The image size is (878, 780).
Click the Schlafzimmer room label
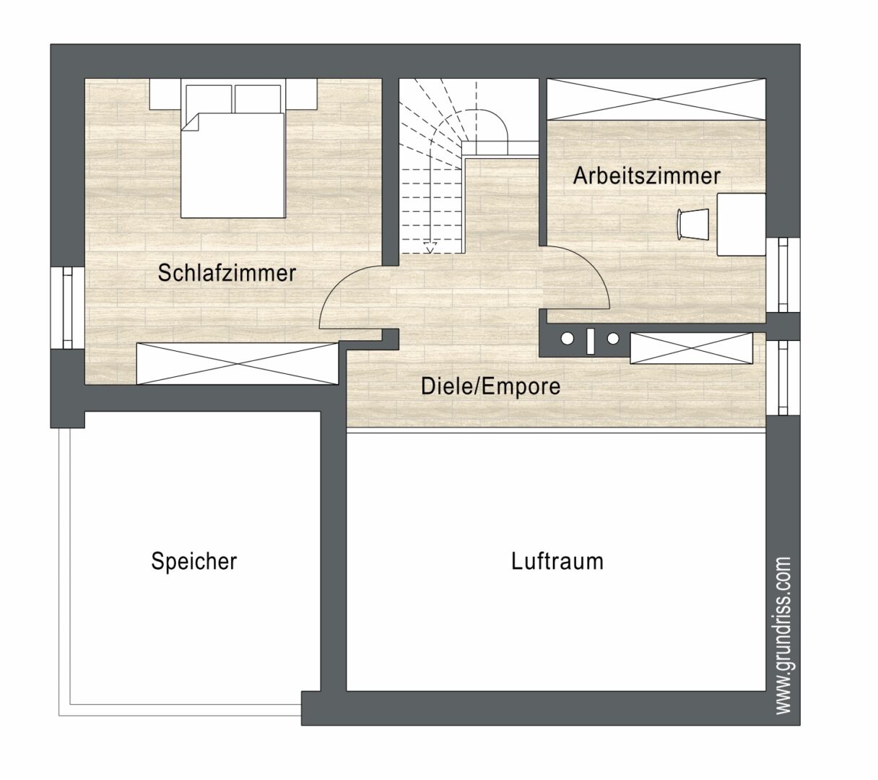227,273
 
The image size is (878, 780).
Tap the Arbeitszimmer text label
646,175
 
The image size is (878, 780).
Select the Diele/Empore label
490,386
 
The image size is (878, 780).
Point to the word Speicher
194,561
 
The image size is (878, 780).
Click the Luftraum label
557,561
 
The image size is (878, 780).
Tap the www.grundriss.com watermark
784,635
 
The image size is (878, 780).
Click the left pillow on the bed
209,97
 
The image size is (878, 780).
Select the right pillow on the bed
257,97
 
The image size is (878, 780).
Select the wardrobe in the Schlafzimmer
238,363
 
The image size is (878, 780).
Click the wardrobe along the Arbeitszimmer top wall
655,99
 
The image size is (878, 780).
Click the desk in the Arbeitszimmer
741,224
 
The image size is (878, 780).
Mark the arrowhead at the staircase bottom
430,249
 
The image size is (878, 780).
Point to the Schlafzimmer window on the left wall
67,308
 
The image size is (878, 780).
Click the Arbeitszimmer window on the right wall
783,274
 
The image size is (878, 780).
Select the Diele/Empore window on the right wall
783,378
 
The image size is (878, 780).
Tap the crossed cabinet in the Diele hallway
691,348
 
